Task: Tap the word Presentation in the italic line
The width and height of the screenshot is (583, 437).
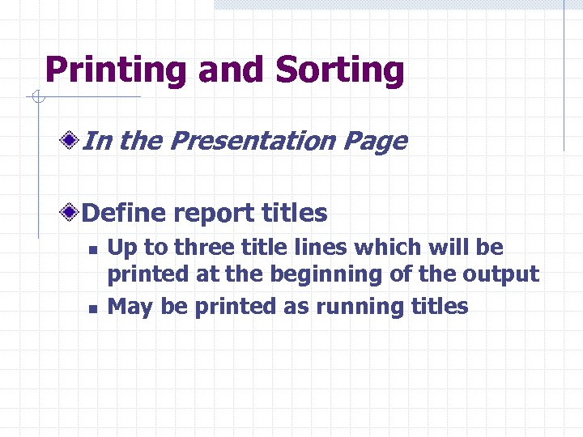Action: (253, 142)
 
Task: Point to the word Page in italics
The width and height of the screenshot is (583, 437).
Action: (375, 142)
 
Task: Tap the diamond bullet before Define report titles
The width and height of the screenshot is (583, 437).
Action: (73, 213)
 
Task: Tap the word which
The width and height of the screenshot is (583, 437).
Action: (378, 247)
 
